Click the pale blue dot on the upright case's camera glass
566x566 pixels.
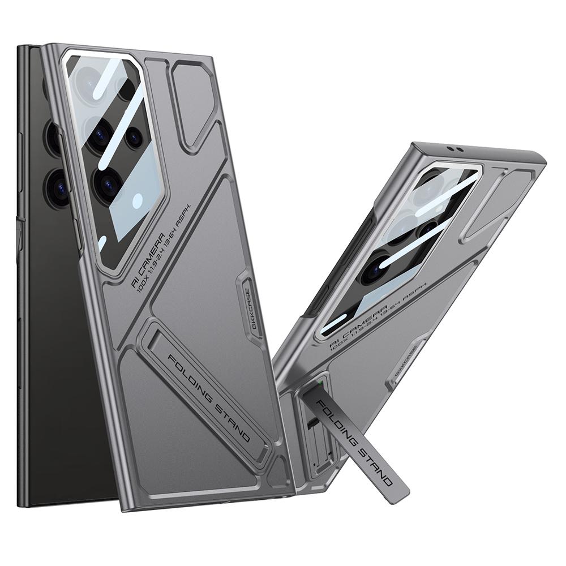coord(138,200)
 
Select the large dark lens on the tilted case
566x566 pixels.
coord(374,268)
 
